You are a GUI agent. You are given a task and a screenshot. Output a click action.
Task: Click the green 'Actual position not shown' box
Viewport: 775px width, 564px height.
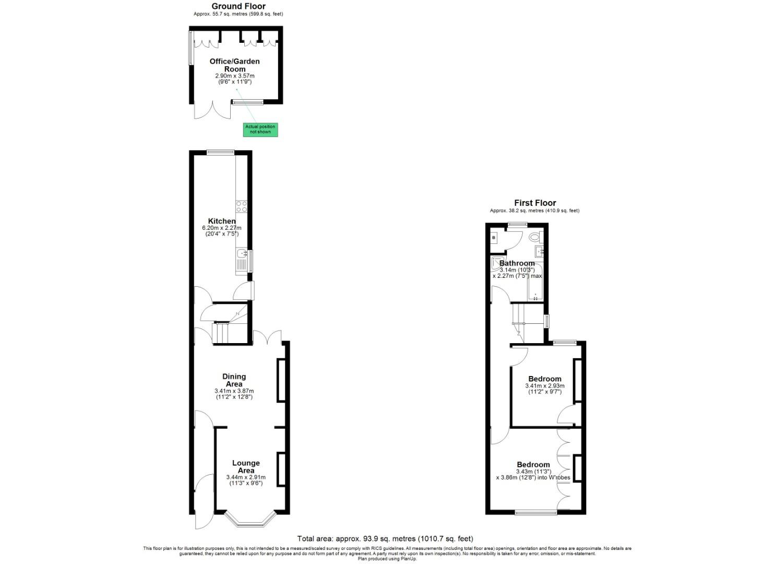tap(260, 130)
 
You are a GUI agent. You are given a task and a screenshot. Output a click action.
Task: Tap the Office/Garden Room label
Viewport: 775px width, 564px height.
tap(234, 65)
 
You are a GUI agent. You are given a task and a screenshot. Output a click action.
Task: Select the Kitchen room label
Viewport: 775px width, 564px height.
tap(222, 221)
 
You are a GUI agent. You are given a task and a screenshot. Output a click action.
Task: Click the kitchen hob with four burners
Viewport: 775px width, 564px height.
tap(242, 206)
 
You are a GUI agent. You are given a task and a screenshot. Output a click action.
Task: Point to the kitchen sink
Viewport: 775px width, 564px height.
tap(242, 254)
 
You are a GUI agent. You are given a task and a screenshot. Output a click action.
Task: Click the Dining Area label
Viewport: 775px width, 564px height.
tap(234, 380)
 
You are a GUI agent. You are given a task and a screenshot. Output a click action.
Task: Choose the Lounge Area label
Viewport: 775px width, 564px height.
tap(246, 466)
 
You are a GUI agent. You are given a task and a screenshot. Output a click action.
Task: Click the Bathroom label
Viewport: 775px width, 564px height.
tap(517, 263)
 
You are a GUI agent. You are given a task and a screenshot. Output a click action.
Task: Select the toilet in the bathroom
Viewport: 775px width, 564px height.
tap(534, 238)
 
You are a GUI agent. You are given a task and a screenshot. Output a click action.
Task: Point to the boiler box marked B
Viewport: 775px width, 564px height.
tap(494, 238)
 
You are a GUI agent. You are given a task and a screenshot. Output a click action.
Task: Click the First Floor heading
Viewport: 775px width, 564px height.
tap(535, 203)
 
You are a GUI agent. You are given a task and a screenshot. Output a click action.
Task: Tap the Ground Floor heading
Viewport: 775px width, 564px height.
tap(238, 6)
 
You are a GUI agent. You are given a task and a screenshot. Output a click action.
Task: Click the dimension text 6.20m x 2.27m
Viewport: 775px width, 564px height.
tap(222, 228)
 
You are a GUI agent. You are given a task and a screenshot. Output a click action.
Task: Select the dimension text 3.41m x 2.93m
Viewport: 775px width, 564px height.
tap(544, 386)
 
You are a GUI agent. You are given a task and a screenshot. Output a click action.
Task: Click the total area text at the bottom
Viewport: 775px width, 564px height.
tap(385, 538)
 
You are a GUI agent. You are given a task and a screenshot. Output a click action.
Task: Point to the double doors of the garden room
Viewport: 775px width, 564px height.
tap(212, 109)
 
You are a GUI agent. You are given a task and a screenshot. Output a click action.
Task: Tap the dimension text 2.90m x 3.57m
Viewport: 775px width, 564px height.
tap(235, 76)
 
